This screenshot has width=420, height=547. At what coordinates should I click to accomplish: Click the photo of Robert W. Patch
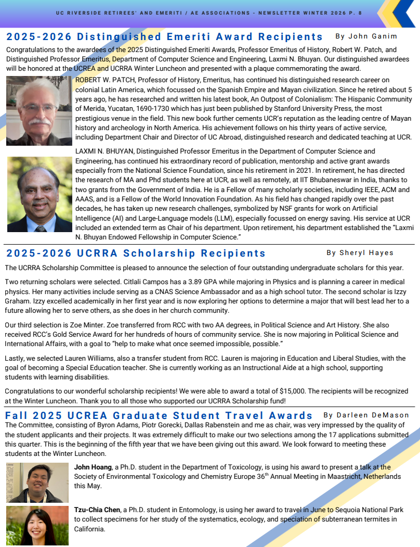(x=39, y=110)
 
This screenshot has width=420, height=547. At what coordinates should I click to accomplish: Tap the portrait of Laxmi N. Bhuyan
(x=39, y=194)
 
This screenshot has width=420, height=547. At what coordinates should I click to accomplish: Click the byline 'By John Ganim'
(x=366, y=36)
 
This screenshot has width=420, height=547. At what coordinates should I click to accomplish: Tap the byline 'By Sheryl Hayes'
(x=360, y=253)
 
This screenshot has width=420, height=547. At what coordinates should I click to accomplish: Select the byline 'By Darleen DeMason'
(x=366, y=415)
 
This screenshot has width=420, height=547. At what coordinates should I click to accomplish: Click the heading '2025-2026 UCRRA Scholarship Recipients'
(x=136, y=253)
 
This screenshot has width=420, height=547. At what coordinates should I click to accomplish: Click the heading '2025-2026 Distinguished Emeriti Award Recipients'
(x=165, y=37)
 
